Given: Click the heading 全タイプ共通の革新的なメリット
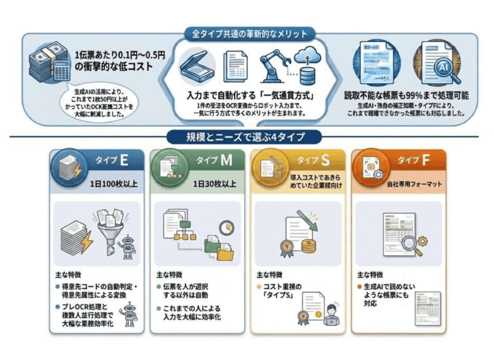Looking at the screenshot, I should pos(250,34).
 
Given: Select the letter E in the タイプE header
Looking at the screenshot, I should pos(124,161).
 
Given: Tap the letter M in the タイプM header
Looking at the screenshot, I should pos(226,161).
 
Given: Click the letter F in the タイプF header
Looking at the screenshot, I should pos(426,161).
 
